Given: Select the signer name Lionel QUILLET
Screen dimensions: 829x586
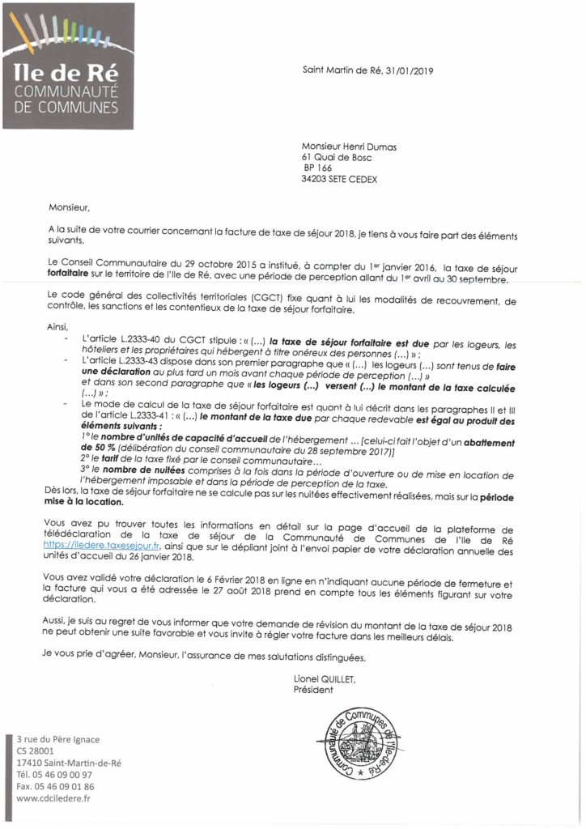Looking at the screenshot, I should [330, 680].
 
